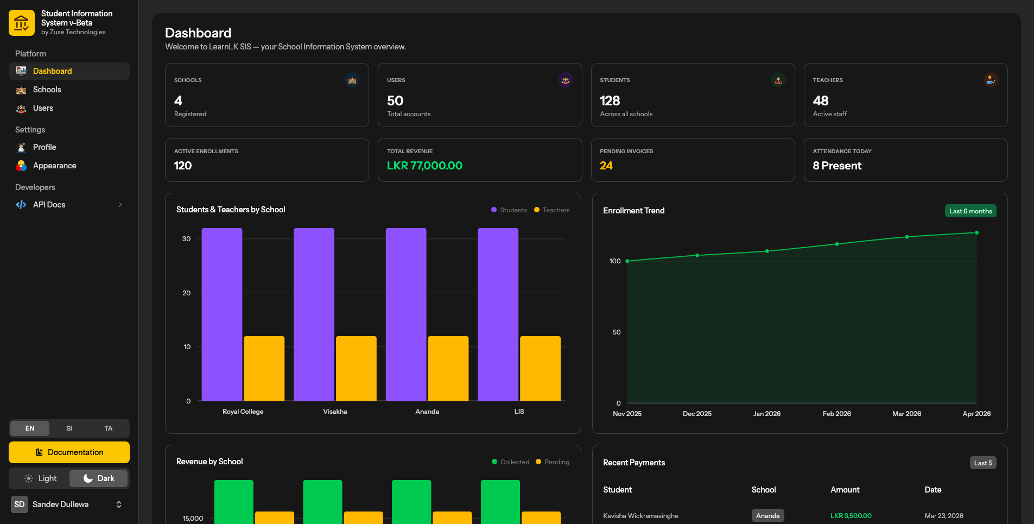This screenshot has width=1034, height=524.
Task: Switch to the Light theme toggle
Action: [x=41, y=478]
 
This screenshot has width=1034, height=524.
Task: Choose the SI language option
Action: [x=69, y=428]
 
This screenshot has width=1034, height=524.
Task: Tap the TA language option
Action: [x=109, y=428]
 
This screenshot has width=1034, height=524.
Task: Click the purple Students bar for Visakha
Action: [x=314, y=314]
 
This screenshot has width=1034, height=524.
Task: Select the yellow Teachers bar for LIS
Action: [x=540, y=369]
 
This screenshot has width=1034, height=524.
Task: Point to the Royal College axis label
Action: [x=243, y=412]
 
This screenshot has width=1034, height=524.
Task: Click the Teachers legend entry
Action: [x=552, y=210]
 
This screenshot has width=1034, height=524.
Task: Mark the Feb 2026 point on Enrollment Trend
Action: [x=837, y=244]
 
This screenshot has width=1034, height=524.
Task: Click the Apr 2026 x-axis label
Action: [x=976, y=414]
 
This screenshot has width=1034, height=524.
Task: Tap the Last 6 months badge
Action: [x=970, y=211]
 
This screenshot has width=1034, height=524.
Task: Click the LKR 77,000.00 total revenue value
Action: [x=424, y=166]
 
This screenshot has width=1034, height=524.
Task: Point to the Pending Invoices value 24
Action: [x=606, y=166]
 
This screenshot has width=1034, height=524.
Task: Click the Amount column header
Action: [x=845, y=490]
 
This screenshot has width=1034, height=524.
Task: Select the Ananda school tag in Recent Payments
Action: [x=767, y=516]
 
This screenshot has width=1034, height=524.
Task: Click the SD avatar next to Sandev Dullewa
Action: [x=20, y=504]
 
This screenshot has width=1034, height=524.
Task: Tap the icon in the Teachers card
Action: [x=991, y=80]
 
